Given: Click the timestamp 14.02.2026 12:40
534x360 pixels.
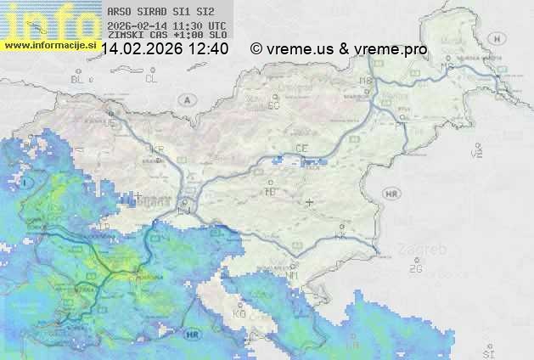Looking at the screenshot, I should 165,49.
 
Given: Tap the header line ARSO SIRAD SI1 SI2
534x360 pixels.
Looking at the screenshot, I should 155,13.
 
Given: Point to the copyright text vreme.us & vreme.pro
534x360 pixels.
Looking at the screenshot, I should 339,49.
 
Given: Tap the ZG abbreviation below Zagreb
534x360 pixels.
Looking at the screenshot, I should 415,268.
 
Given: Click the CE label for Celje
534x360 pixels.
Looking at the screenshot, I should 301,149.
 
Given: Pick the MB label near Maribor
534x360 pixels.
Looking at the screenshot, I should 366,81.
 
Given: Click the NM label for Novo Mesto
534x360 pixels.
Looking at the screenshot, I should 292,275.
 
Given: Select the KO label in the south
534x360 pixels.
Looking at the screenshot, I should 239,313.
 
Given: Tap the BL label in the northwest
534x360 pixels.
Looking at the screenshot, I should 79,79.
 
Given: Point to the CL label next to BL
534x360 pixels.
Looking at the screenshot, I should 151,79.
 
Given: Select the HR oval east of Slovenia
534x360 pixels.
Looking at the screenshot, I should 391,194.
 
